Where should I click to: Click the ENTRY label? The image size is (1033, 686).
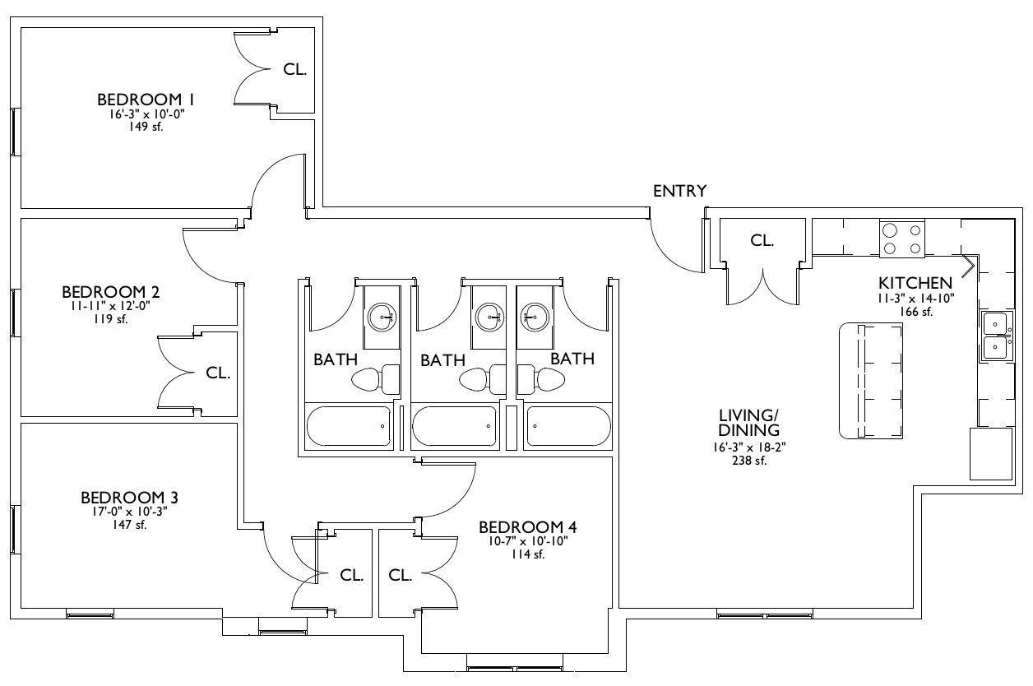pyautogui.click(x=679, y=191)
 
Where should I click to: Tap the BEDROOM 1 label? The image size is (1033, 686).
pyautogui.click(x=146, y=100)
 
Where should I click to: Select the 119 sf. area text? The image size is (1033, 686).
pyautogui.click(x=110, y=319)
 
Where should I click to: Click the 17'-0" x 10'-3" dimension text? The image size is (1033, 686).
pyautogui.click(x=130, y=511)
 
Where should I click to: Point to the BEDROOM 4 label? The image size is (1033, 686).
pyautogui.click(x=527, y=527)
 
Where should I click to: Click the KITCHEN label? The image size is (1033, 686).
pyautogui.click(x=915, y=283)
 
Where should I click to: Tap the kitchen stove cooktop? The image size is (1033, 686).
pyautogui.click(x=902, y=238)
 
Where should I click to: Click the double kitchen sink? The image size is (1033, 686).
pyautogui.click(x=997, y=336)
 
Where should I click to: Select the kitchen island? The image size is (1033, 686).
pyautogui.click(x=871, y=381)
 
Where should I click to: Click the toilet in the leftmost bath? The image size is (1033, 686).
pyautogui.click(x=375, y=379)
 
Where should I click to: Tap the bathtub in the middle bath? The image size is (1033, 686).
pyautogui.click(x=454, y=426)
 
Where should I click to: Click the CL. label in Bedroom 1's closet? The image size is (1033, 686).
pyautogui.click(x=294, y=69)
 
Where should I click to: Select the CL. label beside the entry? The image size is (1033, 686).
pyautogui.click(x=762, y=240)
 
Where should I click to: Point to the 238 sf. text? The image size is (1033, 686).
pyautogui.click(x=749, y=461)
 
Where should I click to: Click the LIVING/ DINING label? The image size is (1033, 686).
pyautogui.click(x=749, y=423)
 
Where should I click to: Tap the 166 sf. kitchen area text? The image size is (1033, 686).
pyautogui.click(x=915, y=312)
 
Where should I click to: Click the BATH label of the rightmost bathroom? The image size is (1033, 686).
pyautogui.click(x=572, y=359)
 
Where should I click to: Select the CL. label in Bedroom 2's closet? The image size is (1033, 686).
pyautogui.click(x=218, y=373)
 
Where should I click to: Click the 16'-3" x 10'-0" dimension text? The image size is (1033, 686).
pyautogui.click(x=146, y=114)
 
